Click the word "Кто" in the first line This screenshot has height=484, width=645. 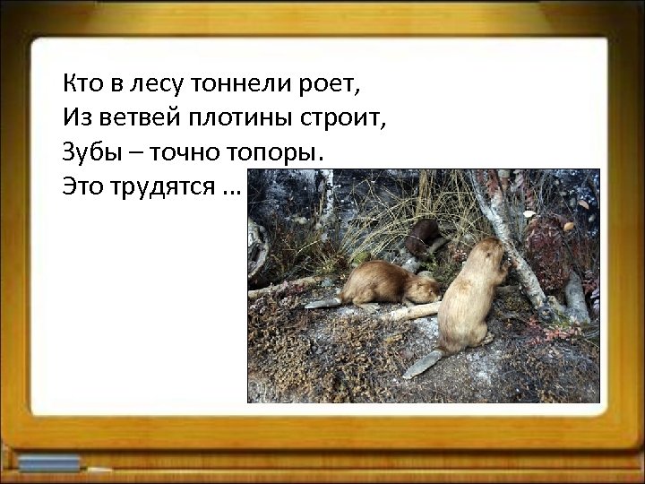[82, 85]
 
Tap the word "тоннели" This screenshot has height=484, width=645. [236, 85]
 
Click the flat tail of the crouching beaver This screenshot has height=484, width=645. [322, 303]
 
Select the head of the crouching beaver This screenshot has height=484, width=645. [425, 290]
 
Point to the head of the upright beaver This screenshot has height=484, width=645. [491, 255]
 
